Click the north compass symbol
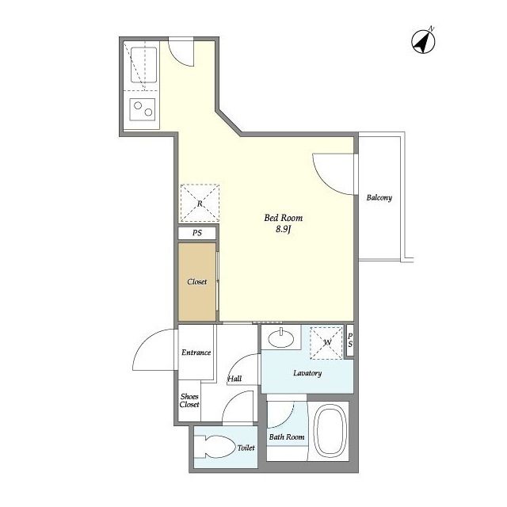pos(423,40)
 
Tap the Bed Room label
pos(284,218)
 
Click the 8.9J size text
pos(284,230)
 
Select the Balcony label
pos(379,197)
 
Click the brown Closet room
pos(197,282)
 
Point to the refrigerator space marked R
pos(200,203)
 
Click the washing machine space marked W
pos(326,343)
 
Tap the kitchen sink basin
pos(144,65)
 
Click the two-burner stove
pos(143,109)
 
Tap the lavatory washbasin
pos(281,338)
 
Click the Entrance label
pos(196,352)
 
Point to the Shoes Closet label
pos(189,400)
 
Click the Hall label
pos(234,379)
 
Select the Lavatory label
pos(307,373)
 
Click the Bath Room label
pos(287,436)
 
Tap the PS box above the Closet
pos(197,233)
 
